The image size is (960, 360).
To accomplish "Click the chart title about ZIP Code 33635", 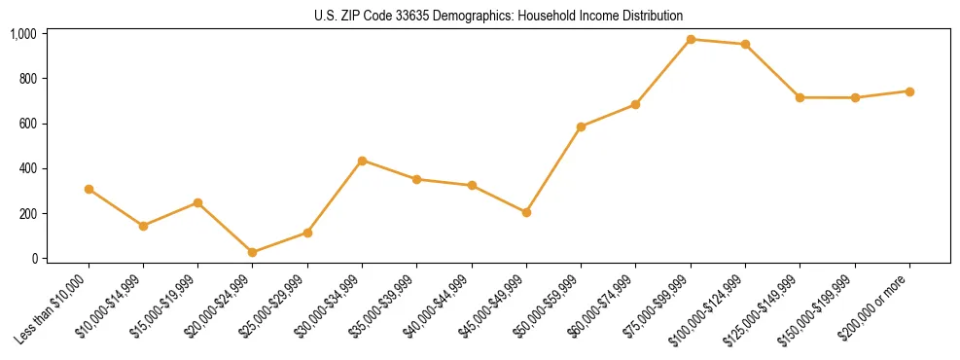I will click(x=498, y=16).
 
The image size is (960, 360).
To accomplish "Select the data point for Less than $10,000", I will click(x=89, y=189).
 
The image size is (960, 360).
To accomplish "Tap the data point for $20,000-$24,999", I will click(x=253, y=252).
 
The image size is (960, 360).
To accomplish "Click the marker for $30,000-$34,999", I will click(x=362, y=161).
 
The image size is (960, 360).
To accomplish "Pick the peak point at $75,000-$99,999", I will click(x=691, y=39).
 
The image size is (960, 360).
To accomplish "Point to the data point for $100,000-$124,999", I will click(x=745, y=44).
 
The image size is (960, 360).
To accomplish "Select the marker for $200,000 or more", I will click(x=909, y=91).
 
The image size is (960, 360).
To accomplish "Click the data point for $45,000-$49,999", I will click(x=526, y=212).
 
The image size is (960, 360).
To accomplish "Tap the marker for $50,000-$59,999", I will click(x=581, y=126).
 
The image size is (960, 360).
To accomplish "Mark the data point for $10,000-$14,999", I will click(x=143, y=226).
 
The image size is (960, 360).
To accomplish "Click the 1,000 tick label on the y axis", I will click(x=23, y=34).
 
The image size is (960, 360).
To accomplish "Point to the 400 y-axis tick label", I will click(x=27, y=168).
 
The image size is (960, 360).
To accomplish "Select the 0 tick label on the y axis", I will click(x=34, y=259).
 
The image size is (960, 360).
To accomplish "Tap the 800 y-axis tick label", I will click(x=27, y=79).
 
